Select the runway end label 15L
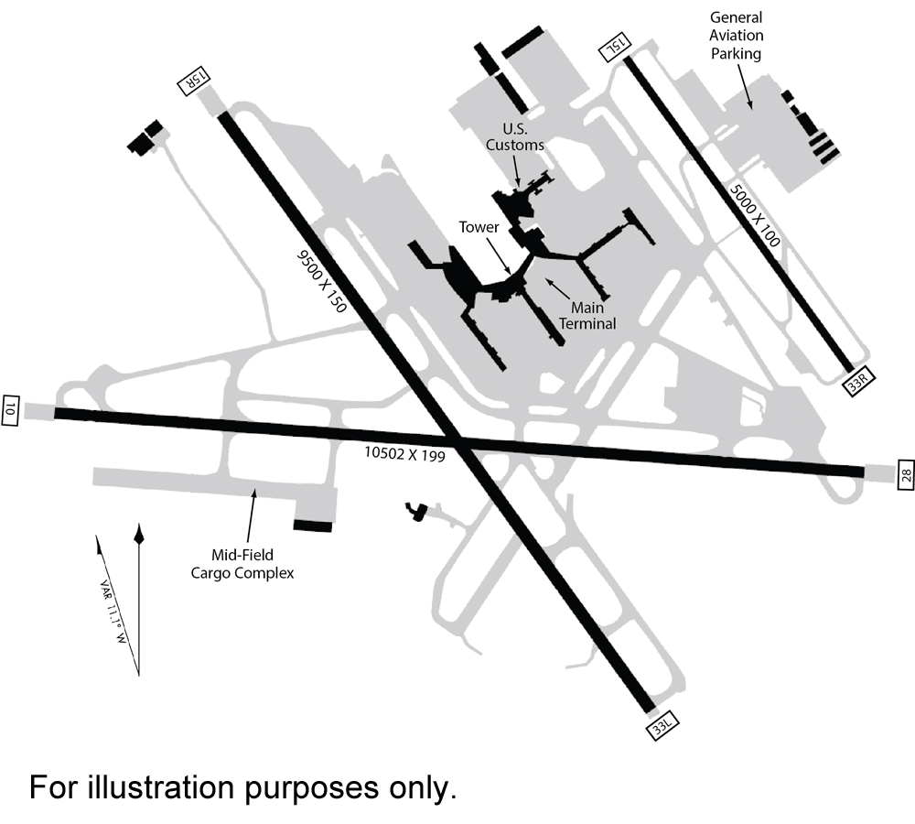tap(611, 49)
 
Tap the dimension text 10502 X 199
tap(404, 452)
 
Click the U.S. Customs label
tap(514, 136)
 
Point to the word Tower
tap(479, 227)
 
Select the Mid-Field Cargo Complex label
tap(242, 564)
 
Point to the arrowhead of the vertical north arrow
tap(138, 533)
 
